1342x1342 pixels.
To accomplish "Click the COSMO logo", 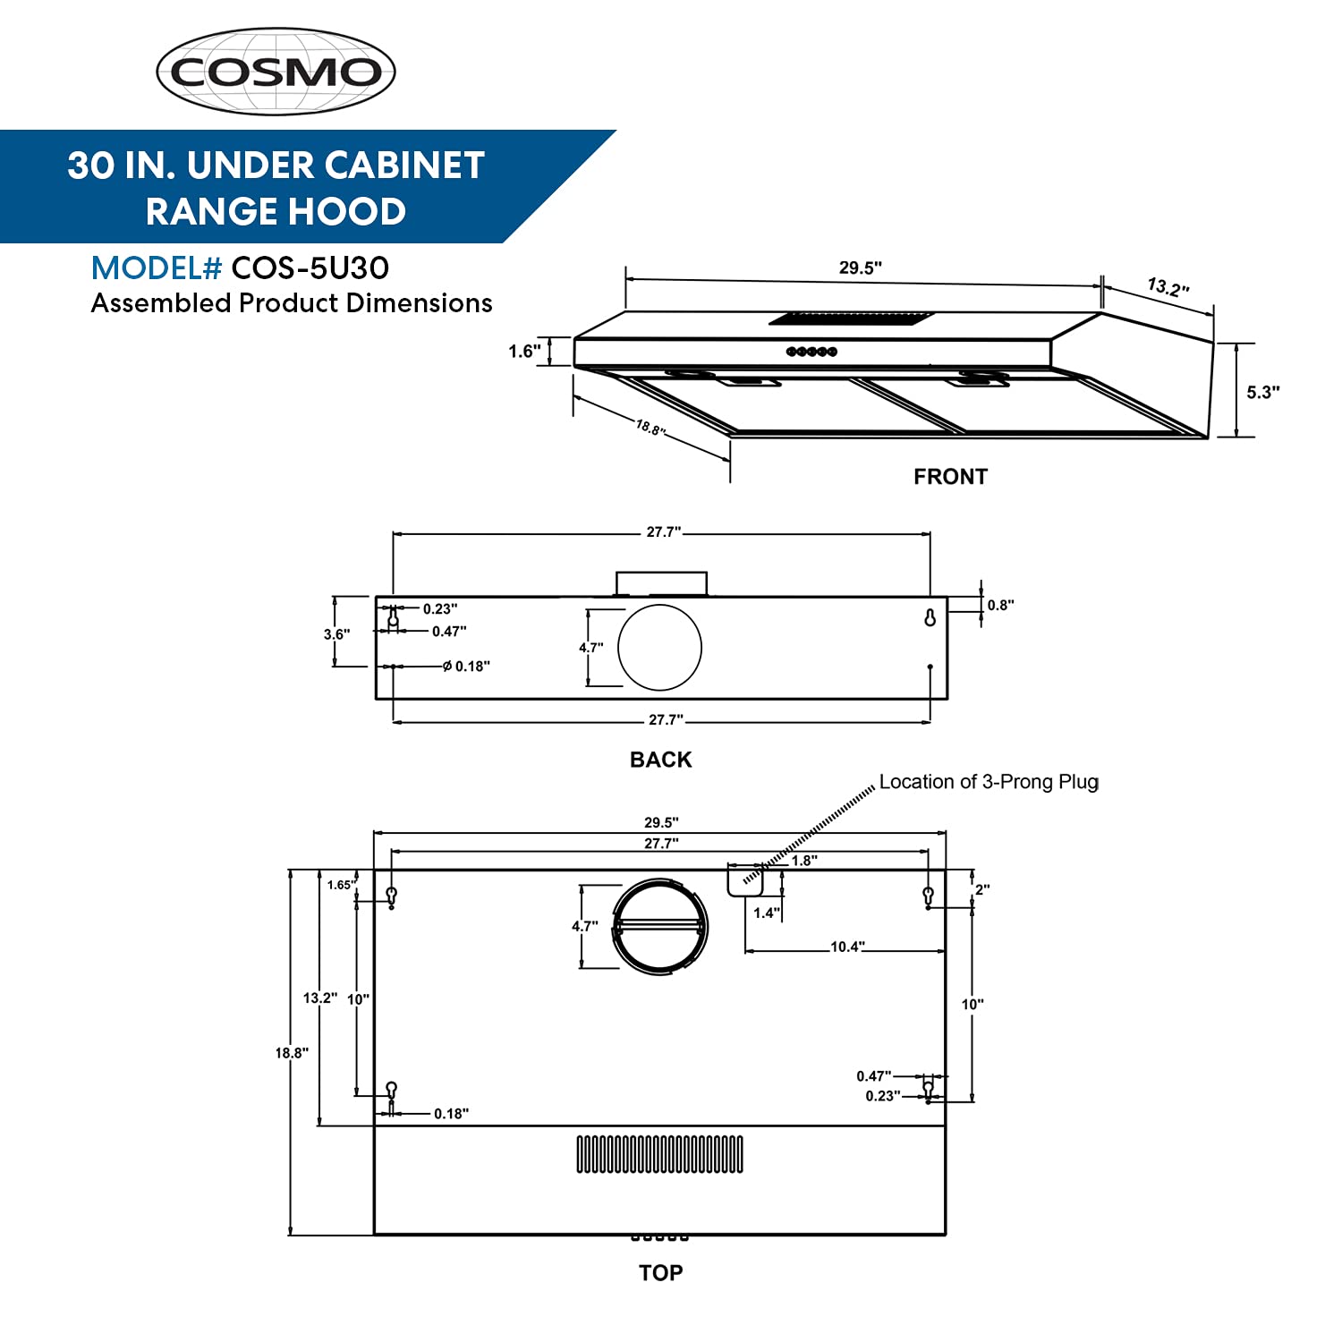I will click(276, 72).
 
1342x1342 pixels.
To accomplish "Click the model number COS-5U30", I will click(310, 268).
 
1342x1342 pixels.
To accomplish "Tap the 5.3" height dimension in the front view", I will click(1262, 392).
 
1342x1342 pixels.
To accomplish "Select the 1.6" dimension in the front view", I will click(524, 351).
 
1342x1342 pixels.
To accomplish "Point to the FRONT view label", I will click(950, 477).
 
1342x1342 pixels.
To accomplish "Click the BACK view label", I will click(660, 760).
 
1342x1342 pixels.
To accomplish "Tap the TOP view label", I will click(660, 1272).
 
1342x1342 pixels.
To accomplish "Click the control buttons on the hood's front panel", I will click(811, 352).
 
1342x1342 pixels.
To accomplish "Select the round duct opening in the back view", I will click(659, 648).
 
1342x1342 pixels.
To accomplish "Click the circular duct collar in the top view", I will click(660, 927).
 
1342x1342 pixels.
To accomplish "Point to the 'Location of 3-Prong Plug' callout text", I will click(988, 782).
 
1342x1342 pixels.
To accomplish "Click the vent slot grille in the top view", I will click(659, 1154).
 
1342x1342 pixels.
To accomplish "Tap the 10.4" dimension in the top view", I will click(847, 947).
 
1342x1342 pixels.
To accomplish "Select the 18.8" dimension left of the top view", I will click(292, 1053).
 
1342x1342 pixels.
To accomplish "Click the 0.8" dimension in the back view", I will click(1000, 605).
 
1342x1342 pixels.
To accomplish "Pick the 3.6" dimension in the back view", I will click(336, 634).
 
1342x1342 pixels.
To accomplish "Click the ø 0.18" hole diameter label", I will click(467, 667).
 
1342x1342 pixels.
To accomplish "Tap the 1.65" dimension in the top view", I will click(341, 885).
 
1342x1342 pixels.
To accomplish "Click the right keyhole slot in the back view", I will click(930, 617).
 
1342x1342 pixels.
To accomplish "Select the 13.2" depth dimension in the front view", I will click(1168, 287).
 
